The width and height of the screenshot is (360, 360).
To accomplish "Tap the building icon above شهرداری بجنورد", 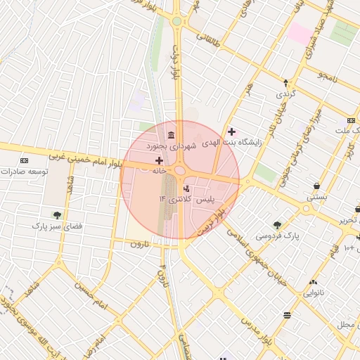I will tap(171, 135).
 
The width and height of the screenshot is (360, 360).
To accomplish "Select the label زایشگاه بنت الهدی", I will tap(231, 143).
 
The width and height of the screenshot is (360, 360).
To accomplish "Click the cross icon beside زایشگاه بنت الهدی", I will tap(231, 131).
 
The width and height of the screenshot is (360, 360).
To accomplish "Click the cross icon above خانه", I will tap(159, 160).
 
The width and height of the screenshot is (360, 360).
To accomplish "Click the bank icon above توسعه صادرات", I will tap(25, 161).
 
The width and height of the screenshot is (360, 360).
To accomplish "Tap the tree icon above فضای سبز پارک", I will tap(57, 215).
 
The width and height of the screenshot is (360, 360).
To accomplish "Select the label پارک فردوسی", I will tap(277, 236).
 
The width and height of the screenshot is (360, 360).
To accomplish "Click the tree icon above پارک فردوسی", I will tap(277, 225).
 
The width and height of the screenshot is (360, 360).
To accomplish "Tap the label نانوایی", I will tap(313, 294).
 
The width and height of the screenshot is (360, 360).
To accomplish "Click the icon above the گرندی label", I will tap(285, 82).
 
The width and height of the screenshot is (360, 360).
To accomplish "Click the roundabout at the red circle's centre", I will tap(180, 171).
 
